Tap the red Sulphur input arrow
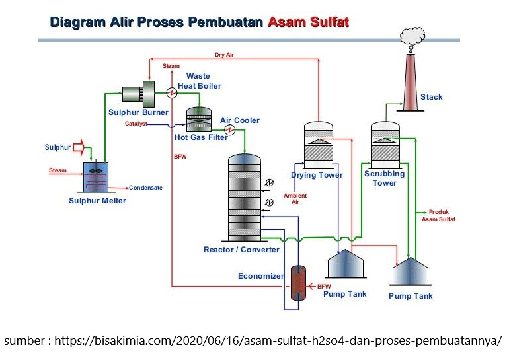[79, 147]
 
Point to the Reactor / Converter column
[245, 198]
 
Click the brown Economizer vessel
[298, 284]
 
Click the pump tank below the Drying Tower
[344, 264]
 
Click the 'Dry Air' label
[224, 55]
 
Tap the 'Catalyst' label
[136, 124]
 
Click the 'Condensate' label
[145, 188]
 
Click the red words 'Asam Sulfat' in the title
[308, 22]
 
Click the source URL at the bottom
[254, 342]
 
